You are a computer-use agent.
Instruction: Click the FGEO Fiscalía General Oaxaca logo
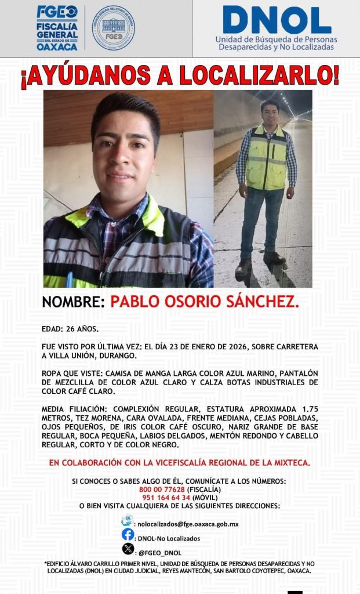point(57,28)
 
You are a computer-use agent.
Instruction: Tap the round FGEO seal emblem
point(114,28)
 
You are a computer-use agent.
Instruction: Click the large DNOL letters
point(277,20)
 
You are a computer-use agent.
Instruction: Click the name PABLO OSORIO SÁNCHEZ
point(205,302)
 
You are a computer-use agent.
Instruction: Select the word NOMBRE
point(72,302)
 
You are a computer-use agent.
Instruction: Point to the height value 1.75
point(307,409)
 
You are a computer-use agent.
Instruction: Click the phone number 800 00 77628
point(164,489)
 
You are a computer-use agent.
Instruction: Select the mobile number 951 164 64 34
point(164,497)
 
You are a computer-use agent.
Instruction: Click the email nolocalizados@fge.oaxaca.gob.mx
point(187,524)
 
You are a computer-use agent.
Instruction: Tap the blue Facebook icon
point(128,535)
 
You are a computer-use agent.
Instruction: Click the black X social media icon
point(128,549)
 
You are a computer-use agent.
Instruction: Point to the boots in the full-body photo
point(259,263)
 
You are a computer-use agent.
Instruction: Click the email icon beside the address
point(128,521)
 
